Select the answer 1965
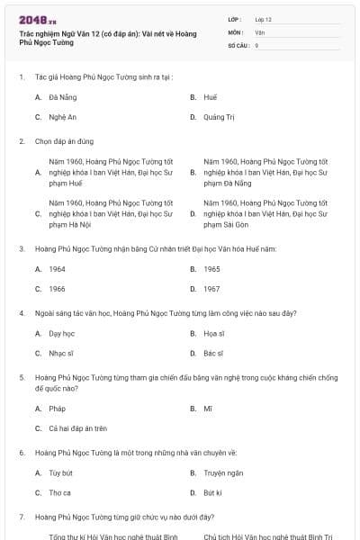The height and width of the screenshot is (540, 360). click(211, 268)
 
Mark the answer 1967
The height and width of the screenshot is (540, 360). click(211, 289)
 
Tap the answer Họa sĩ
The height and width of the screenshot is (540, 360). click(213, 333)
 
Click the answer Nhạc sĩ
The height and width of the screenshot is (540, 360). click(61, 354)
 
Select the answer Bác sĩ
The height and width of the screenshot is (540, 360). click(213, 354)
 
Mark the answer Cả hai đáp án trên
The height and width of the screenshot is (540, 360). click(78, 428)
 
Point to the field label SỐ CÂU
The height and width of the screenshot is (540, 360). click(238, 44)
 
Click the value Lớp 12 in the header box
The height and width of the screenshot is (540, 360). click(263, 19)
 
